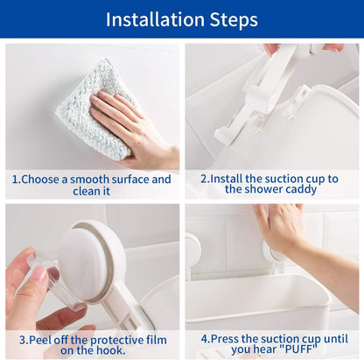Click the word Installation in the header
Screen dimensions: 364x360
tap(155, 19)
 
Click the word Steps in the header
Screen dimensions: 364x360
tap(234, 20)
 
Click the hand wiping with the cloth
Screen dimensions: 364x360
tap(134, 129)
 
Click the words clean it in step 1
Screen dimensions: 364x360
tap(92, 192)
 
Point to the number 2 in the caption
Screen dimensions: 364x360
tap(203, 179)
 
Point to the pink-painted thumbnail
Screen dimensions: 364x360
tap(39, 273)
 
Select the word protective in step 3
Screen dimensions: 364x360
tap(117, 341)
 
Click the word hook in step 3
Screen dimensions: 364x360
tap(111, 350)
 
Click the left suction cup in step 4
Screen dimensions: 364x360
tap(192, 251)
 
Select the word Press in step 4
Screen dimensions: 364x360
tap(225, 339)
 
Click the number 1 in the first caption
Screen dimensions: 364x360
tap(15, 180)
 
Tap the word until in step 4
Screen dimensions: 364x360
tap(336, 339)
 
